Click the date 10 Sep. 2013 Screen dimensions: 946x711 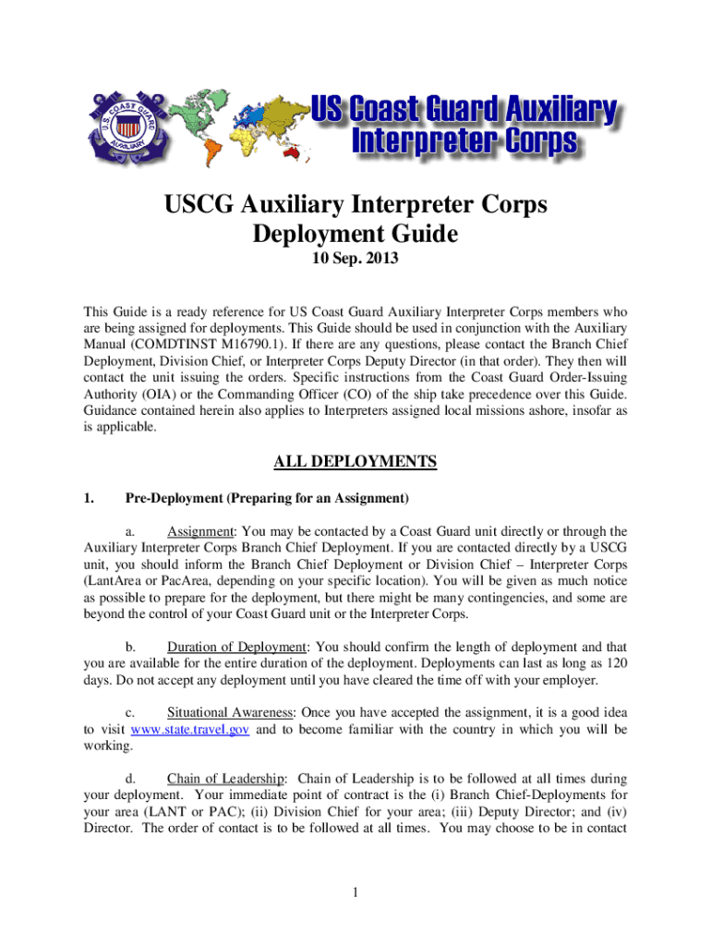tap(355, 261)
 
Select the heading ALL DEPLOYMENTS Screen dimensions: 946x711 tap(355, 461)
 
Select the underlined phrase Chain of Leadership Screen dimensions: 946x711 tap(225, 779)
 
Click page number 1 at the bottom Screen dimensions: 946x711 tap(355, 892)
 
